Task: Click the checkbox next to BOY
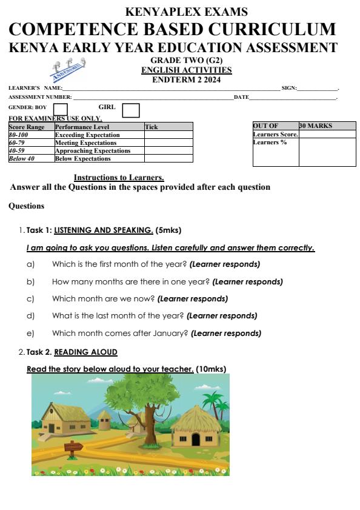(x=61, y=109)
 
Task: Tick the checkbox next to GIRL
(x=130, y=110)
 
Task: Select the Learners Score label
(x=276, y=134)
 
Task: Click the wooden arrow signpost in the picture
(x=73, y=449)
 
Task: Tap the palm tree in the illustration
(x=213, y=401)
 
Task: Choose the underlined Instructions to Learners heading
(x=119, y=177)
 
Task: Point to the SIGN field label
(x=289, y=89)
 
